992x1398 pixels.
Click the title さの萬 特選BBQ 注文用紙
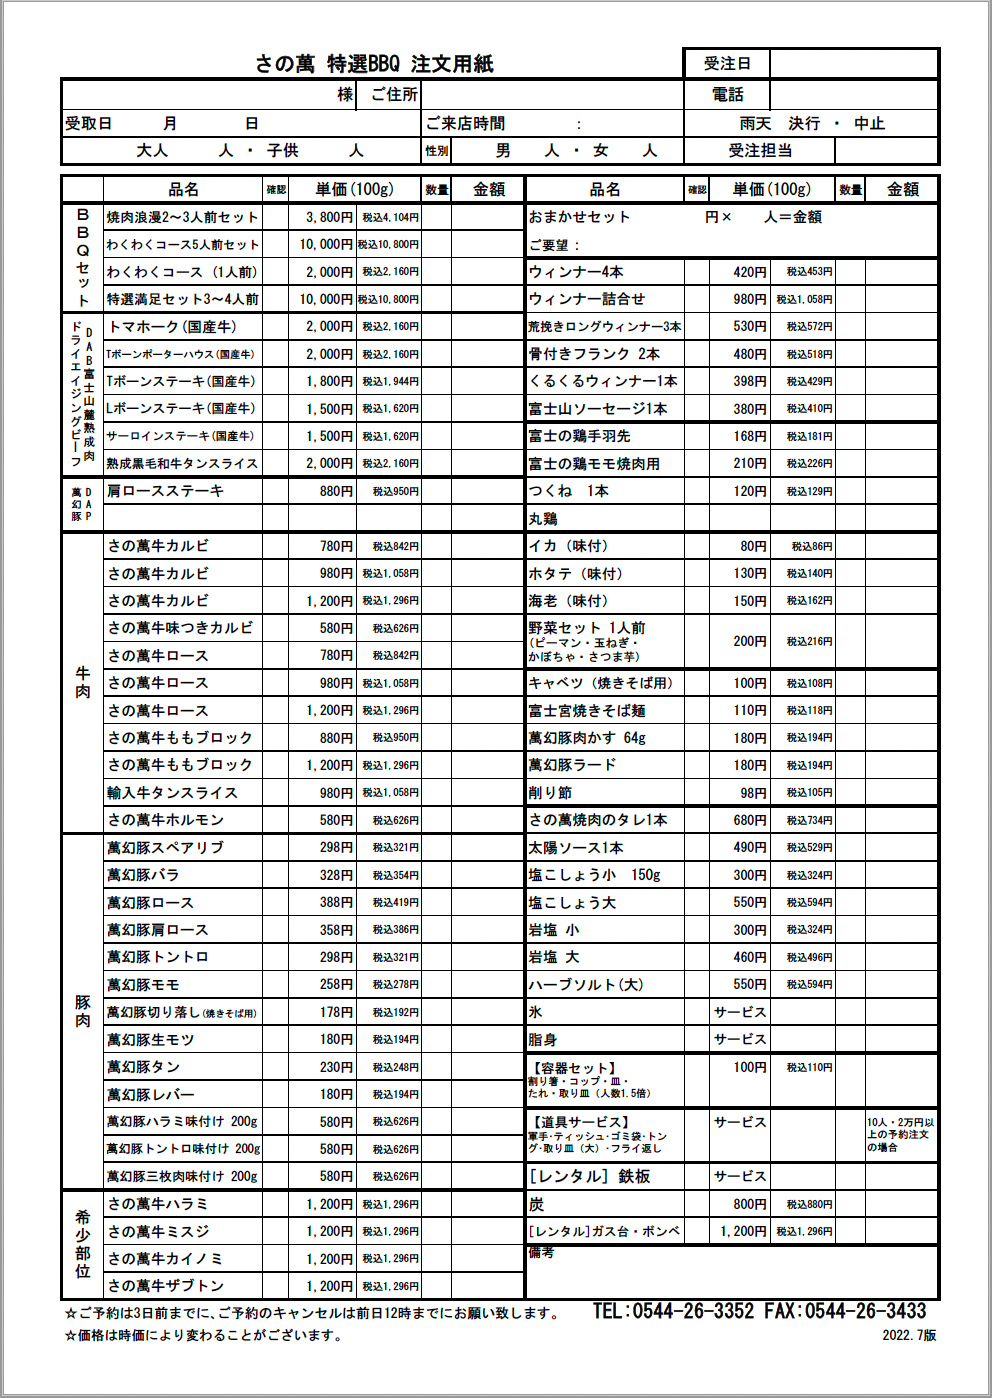coord(374,64)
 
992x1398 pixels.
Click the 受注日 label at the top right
coord(727,64)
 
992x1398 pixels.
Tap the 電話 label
coord(727,95)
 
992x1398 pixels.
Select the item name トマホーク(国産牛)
coord(172,327)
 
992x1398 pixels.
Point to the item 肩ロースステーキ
coord(166,491)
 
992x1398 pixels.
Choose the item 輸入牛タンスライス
coord(173,793)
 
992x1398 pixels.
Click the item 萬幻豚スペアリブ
coord(166,848)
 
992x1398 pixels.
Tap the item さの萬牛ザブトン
coord(166,1286)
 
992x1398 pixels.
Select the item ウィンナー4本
coord(576,272)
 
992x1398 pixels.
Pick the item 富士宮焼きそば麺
coord(587,711)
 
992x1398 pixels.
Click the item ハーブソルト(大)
coord(586,985)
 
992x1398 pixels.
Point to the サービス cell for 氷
coord(740,1012)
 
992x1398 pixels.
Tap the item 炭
coord(537,1204)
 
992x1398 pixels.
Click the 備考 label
coord(541,1253)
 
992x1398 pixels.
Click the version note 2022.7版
coord(909,1335)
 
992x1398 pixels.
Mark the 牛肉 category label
coord(83,683)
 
